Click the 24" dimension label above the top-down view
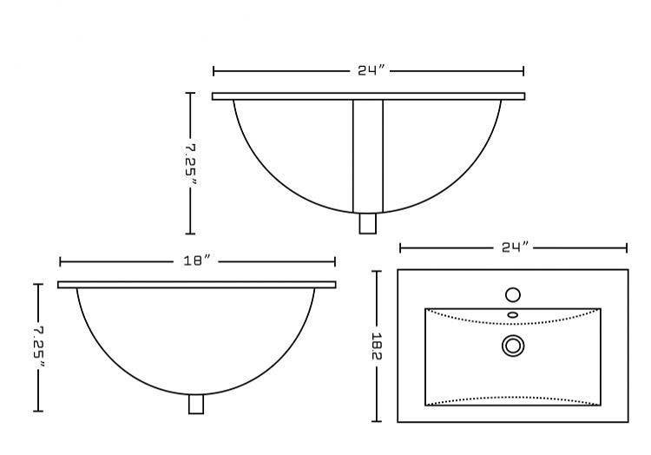[x=515, y=247]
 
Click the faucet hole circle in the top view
[x=512, y=294]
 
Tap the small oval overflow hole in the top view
[x=512, y=314]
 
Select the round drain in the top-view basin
[x=513, y=346]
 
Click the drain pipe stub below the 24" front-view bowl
[x=368, y=223]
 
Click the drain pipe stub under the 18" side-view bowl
[x=196, y=404]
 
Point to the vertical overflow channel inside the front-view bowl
[x=368, y=155]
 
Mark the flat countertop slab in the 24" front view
[x=368, y=96]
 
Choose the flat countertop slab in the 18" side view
[x=196, y=285]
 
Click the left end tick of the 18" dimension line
[x=60, y=261]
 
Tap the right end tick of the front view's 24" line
[x=523, y=71]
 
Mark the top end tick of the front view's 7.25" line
[x=191, y=93]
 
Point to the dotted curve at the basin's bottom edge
[x=512, y=399]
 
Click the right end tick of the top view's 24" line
[x=627, y=247]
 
